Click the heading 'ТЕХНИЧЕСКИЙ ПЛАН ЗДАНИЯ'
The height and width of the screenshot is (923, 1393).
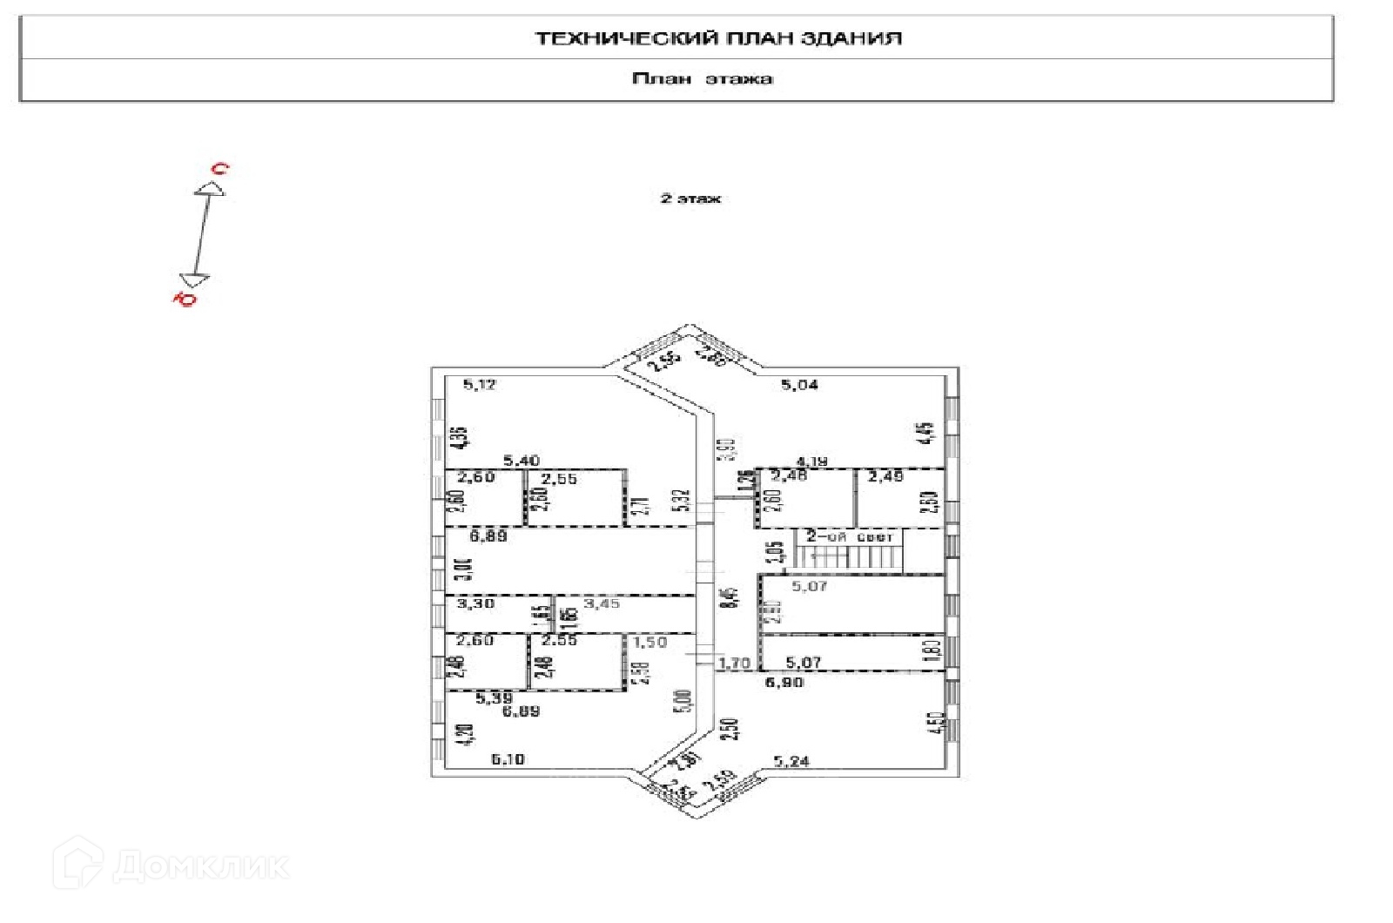[x=718, y=38]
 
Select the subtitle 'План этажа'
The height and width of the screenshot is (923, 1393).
[x=703, y=79]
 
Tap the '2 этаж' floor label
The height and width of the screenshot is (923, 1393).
[x=690, y=199]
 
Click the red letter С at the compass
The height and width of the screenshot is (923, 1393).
[x=221, y=169]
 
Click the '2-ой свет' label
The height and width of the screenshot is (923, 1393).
[x=849, y=537]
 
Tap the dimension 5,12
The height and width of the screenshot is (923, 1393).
[x=480, y=384]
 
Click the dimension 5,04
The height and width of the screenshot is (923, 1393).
[x=798, y=384]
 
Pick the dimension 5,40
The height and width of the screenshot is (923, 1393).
[x=522, y=461]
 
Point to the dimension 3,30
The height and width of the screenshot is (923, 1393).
[x=475, y=603]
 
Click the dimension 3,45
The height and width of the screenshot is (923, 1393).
[x=602, y=603]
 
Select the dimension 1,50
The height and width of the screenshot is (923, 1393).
[x=650, y=642]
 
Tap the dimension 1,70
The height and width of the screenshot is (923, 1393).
[x=734, y=664]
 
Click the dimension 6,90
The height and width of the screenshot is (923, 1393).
[x=784, y=682]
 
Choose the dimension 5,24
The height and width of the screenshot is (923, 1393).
[x=791, y=761]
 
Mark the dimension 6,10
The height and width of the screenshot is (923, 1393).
[x=508, y=759]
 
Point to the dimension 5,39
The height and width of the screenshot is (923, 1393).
[x=495, y=697]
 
